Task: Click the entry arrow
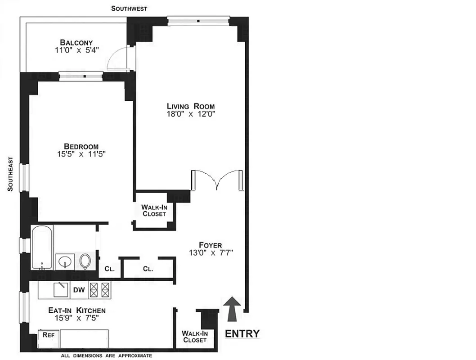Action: [232, 309]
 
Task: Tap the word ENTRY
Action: [242, 333]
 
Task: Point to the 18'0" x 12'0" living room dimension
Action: [190, 114]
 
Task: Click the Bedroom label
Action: [81, 146]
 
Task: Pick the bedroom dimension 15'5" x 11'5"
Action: [81, 154]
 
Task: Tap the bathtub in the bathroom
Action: [41, 247]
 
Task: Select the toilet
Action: [85, 261]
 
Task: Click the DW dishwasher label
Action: [79, 290]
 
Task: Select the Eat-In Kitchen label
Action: [77, 310]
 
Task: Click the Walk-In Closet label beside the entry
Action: [194, 337]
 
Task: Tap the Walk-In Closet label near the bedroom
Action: [154, 210]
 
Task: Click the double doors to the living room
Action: [217, 180]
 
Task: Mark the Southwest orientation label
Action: [129, 9]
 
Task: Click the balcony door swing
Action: [120, 58]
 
